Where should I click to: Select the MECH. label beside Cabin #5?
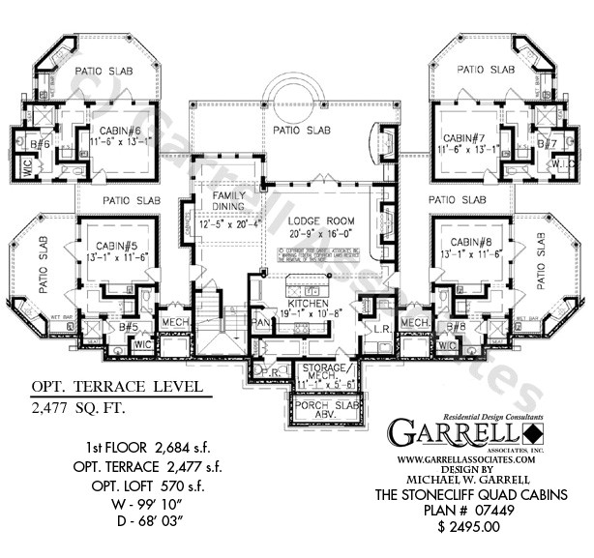[x=174, y=322]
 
